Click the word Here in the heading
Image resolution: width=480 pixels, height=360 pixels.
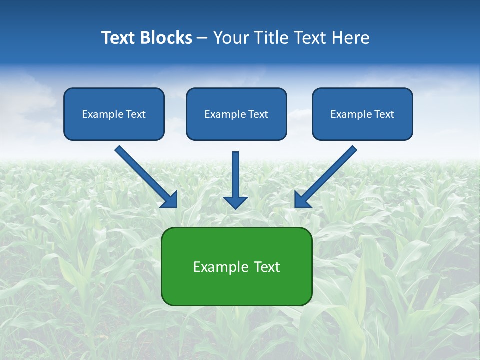click(352, 38)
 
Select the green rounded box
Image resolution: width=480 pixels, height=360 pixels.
click(237, 290)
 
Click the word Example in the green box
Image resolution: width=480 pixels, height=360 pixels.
click(217, 267)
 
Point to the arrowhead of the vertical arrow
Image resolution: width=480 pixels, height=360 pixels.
click(236, 202)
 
